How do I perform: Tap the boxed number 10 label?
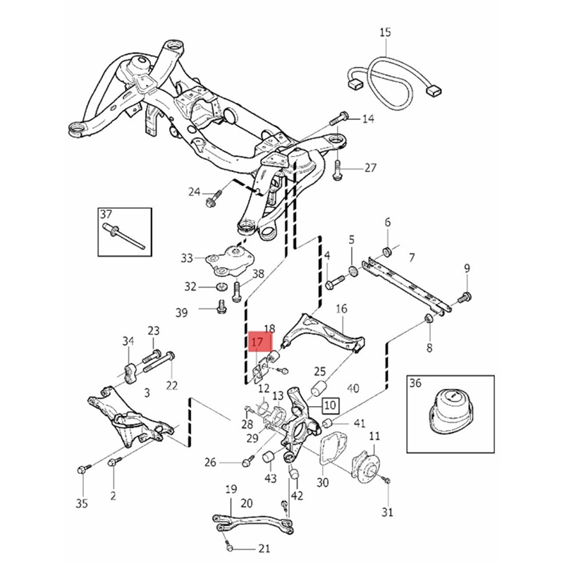(x=331, y=405)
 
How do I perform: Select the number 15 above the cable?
(x=385, y=32)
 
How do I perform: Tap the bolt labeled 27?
(x=338, y=168)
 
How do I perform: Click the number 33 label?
(x=186, y=258)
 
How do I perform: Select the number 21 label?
(x=264, y=548)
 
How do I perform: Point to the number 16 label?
(x=341, y=309)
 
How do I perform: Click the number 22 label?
(x=172, y=385)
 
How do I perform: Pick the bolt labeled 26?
(x=246, y=461)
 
